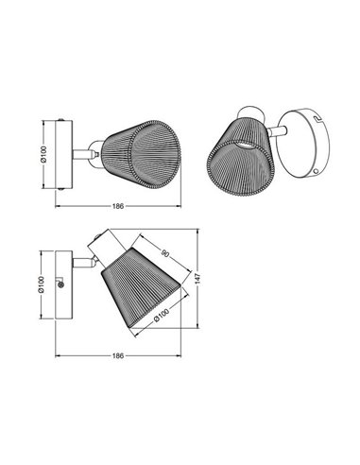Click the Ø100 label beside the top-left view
coord(43,154)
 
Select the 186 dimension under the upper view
coord(118,206)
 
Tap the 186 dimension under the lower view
coord(118,355)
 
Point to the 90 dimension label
coord(164,252)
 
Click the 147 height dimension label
coord(197,279)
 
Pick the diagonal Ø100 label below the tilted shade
coord(161,315)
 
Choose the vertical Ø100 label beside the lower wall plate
coord(41,284)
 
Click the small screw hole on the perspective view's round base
coord(317,171)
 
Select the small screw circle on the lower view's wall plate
coord(61,284)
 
